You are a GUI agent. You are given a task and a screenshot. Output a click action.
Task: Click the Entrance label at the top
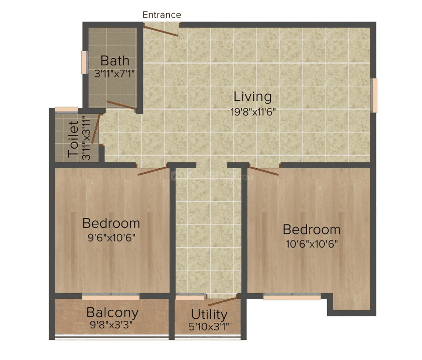162,15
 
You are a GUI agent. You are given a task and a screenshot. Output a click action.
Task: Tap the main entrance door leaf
161,30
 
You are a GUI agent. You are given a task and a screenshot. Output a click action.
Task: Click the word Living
252,97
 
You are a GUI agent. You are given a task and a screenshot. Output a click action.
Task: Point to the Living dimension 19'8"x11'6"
253,112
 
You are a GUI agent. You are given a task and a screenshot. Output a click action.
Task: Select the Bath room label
115,61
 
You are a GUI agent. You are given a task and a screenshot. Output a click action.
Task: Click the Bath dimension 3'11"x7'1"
114,73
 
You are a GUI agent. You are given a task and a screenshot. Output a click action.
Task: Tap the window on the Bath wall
85,62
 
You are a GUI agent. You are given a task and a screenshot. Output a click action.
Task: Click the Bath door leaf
121,105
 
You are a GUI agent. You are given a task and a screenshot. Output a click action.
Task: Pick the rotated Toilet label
73,139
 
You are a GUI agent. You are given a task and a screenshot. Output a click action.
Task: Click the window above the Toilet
66,109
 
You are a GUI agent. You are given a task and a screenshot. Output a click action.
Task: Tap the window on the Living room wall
373,95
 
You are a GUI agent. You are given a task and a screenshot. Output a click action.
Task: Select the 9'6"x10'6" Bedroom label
111,223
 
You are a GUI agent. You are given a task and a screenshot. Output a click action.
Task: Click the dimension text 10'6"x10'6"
312,244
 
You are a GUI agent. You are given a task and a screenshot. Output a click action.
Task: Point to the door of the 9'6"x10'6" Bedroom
153,171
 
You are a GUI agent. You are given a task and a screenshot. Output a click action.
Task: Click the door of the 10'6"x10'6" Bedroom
263,171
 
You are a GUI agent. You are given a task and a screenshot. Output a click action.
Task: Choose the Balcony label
112,313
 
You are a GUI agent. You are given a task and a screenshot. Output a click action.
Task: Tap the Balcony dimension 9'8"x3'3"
111,325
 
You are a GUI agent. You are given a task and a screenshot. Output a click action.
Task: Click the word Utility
209,314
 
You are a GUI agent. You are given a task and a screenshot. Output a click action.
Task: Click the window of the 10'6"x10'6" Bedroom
292,297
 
